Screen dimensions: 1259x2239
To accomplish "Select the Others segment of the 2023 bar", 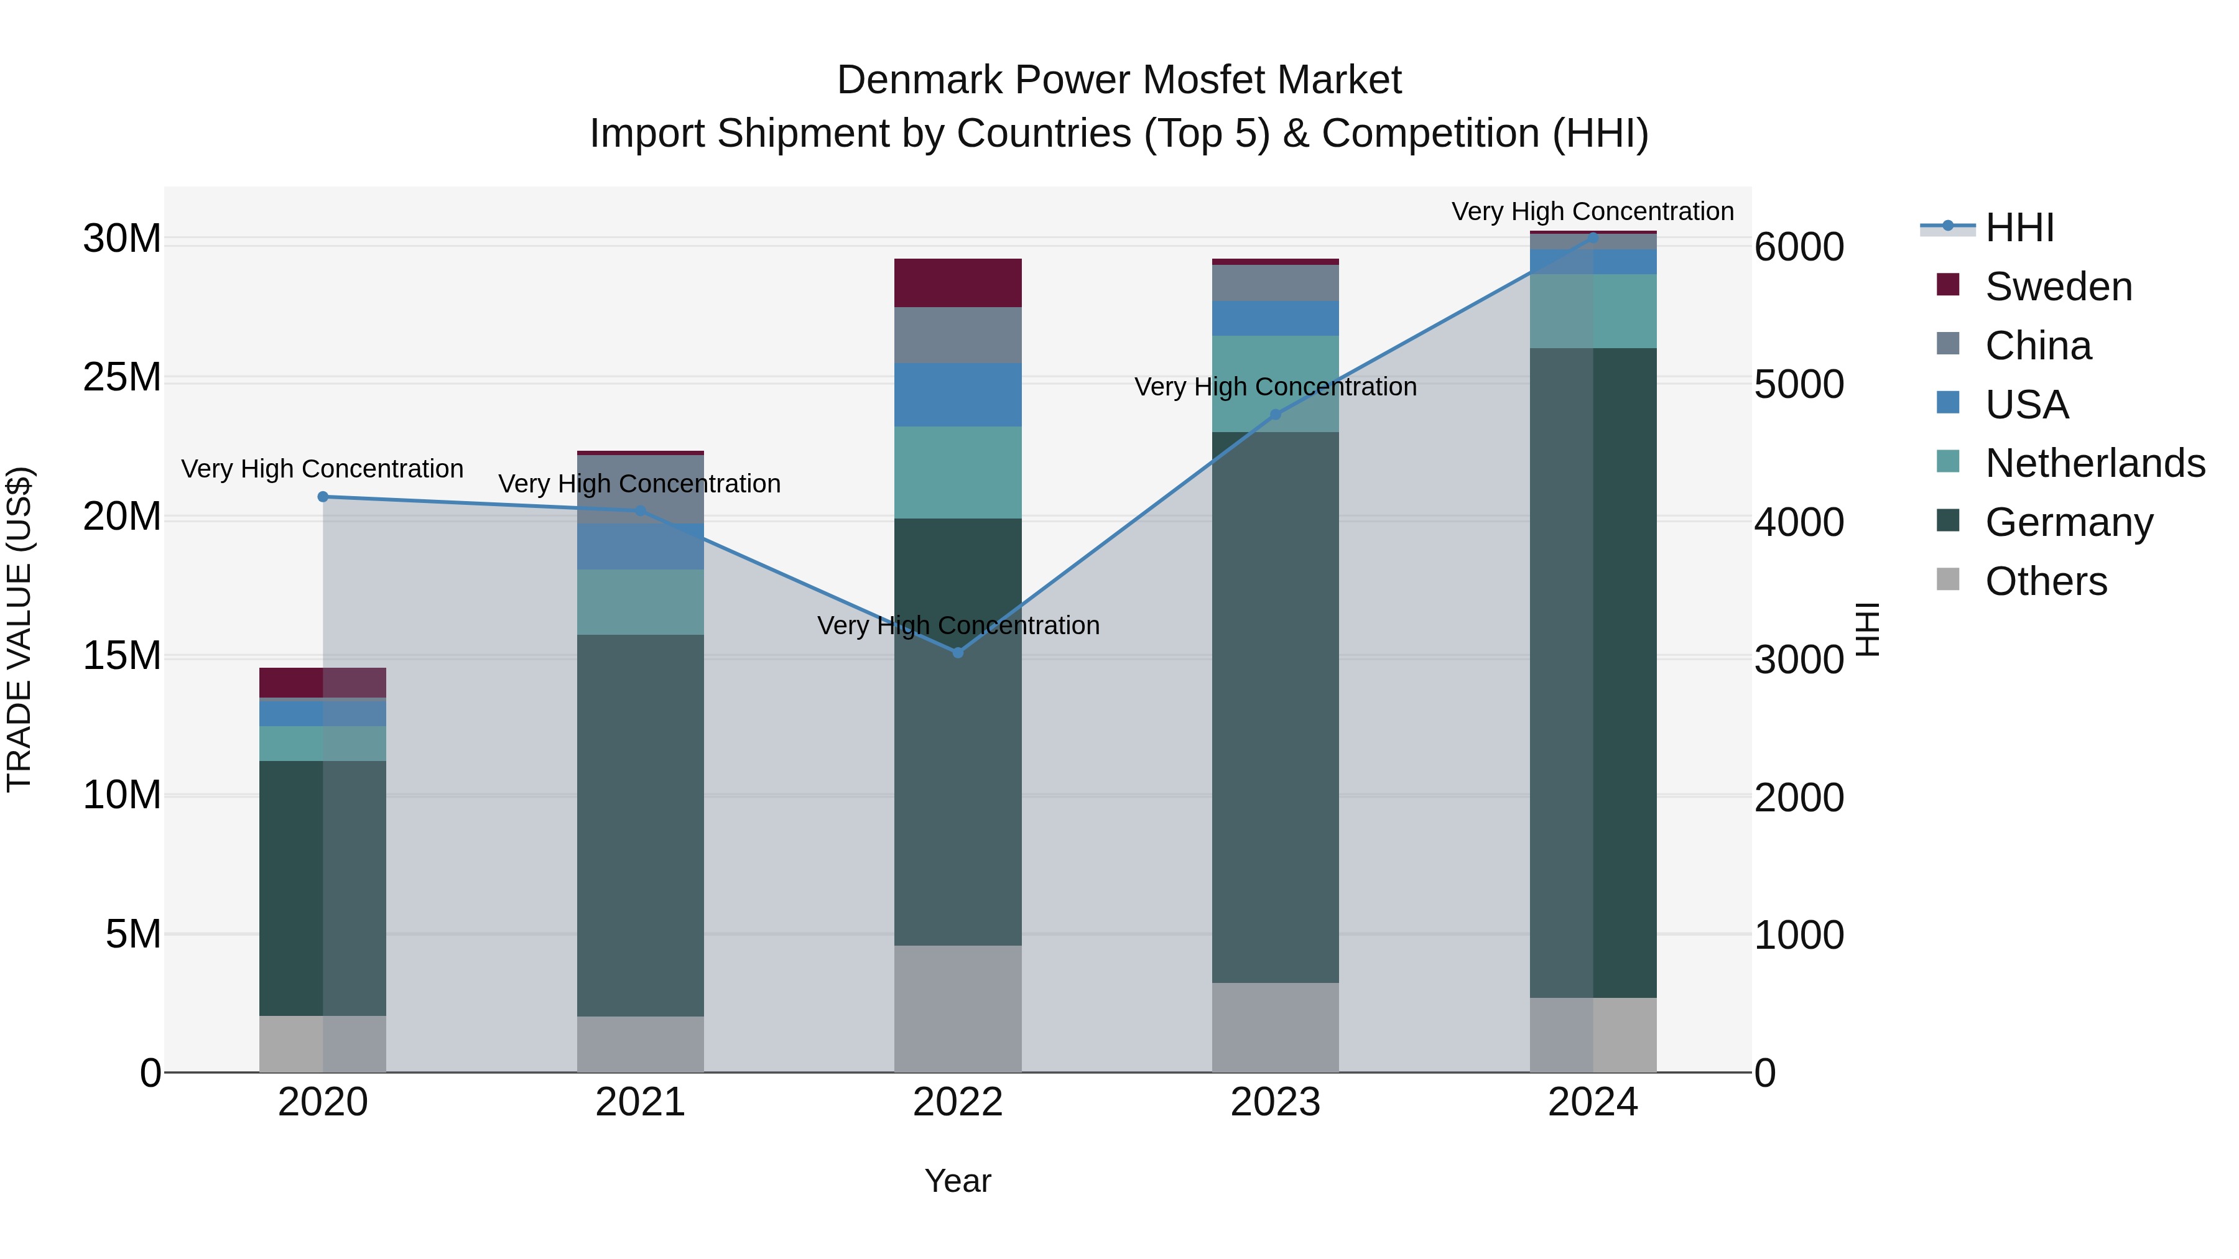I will click(x=1275, y=1027).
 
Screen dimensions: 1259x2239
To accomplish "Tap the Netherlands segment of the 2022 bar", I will click(x=957, y=472).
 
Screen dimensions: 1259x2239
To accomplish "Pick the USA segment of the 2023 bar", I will click(x=1275, y=318).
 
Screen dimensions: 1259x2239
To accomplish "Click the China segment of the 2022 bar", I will click(x=957, y=334).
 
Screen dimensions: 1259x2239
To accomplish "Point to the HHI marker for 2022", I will click(x=958, y=653).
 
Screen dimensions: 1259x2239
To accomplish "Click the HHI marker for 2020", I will click(x=322, y=497).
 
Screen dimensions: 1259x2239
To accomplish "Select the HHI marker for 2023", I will click(x=1275, y=415).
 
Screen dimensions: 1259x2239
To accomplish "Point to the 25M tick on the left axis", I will click(x=122, y=378).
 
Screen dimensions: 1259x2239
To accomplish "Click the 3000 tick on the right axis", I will click(x=1798, y=660).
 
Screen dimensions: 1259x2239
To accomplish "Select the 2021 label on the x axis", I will click(x=640, y=1102).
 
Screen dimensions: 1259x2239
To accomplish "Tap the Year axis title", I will click(x=957, y=1181).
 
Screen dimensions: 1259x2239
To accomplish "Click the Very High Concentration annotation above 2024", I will click(x=1592, y=211).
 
